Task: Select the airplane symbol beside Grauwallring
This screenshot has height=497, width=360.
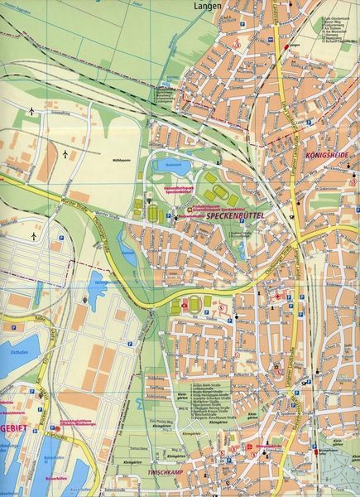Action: click(x=32, y=110)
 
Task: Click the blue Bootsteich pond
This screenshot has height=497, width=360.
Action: click(x=172, y=164)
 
